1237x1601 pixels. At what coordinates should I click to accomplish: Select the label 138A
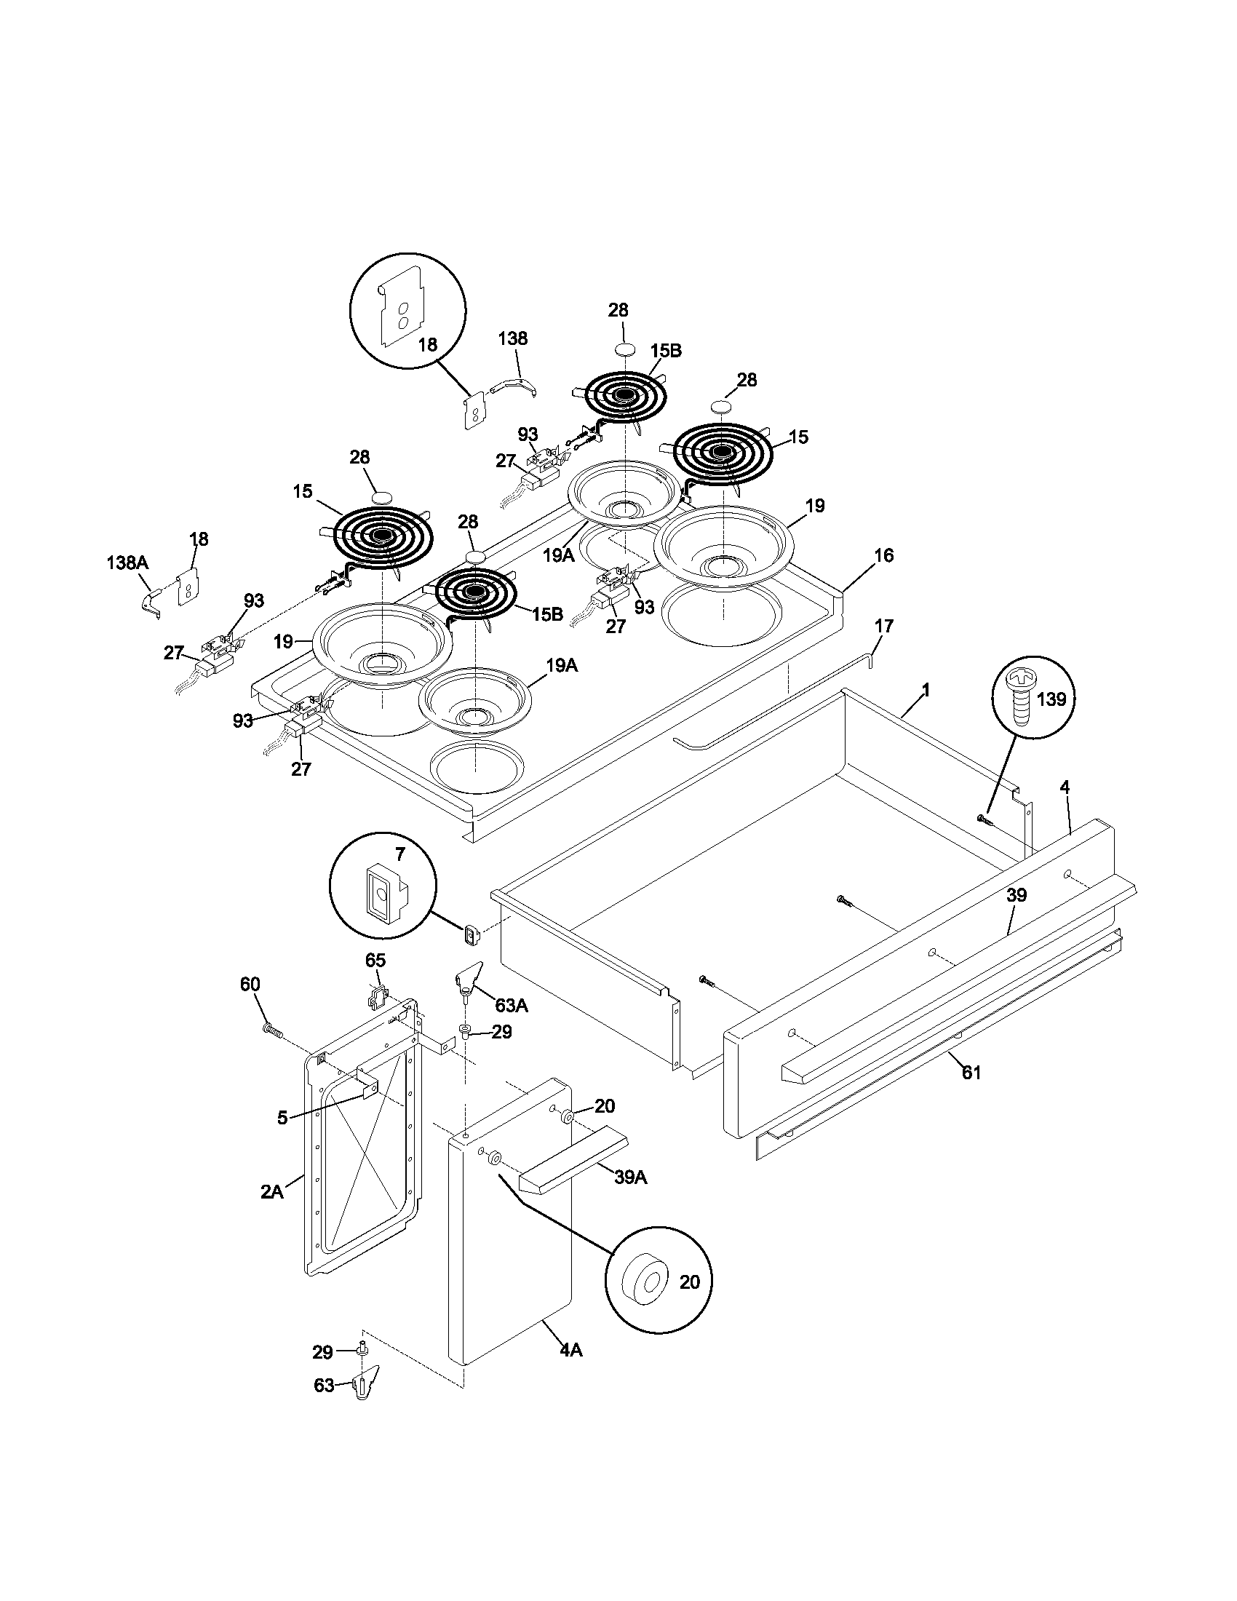pyautogui.click(x=127, y=563)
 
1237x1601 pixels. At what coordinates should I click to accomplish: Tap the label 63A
pyautogui.click(x=511, y=1005)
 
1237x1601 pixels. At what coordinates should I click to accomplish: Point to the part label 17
pyautogui.click(x=884, y=626)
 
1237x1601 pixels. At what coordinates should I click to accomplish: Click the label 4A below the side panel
pyautogui.click(x=570, y=1349)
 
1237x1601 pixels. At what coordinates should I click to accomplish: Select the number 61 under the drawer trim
pyautogui.click(x=971, y=1073)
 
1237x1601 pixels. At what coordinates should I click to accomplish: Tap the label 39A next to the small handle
pyautogui.click(x=630, y=1178)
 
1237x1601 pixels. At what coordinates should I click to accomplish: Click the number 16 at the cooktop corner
pyautogui.click(x=884, y=555)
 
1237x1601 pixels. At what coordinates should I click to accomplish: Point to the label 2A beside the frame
pyautogui.click(x=271, y=1192)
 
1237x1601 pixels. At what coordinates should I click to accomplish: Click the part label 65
pyautogui.click(x=375, y=960)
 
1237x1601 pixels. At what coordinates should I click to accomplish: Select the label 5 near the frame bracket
pyautogui.click(x=282, y=1118)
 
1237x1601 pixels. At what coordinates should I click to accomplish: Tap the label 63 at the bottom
pyautogui.click(x=324, y=1386)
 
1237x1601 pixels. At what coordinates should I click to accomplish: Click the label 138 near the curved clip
pyautogui.click(x=512, y=338)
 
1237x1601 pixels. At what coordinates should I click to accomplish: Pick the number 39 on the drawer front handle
pyautogui.click(x=1016, y=895)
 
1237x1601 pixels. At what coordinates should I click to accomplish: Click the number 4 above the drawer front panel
pyautogui.click(x=1064, y=787)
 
